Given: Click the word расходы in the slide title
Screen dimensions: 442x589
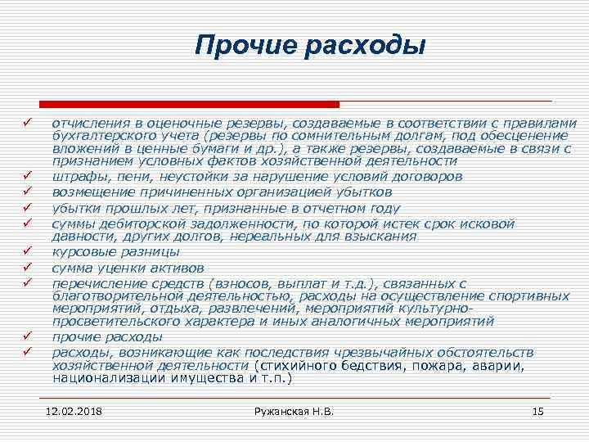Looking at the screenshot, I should coord(365,46).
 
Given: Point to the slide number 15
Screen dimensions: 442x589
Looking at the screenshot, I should coord(537,410).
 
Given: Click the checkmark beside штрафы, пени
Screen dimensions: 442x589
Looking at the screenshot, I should coord(27,177).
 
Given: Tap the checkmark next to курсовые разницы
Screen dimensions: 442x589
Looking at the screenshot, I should coord(27,251).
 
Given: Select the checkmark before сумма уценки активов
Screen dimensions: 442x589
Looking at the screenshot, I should coord(27,267).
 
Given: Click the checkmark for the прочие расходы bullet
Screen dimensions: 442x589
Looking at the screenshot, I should coord(27,336).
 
